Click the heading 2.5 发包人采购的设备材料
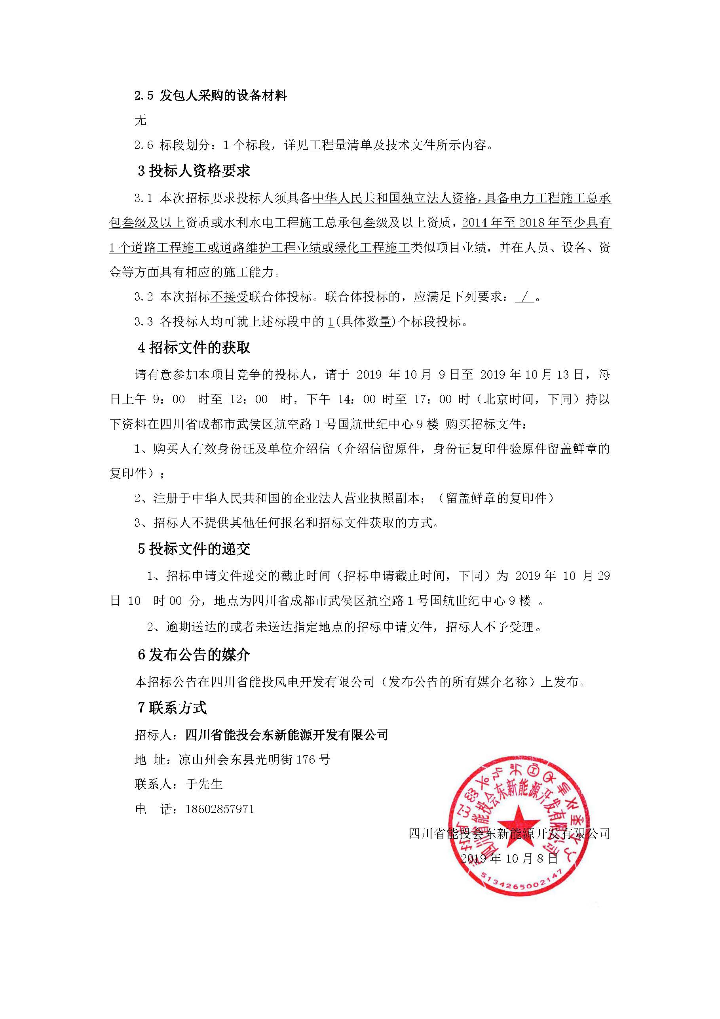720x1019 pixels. tap(211, 96)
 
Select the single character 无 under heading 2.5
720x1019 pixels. tap(140, 120)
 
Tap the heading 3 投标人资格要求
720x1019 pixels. tap(194, 171)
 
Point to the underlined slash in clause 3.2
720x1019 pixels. tap(525, 297)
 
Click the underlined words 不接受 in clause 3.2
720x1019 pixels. tap(229, 297)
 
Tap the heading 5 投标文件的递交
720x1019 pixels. tap(194, 549)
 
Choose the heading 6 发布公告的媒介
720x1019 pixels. tap(194, 655)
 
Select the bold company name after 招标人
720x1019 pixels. tap(287, 735)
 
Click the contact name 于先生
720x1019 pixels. tap(204, 784)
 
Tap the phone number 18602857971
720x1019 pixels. tap(220, 809)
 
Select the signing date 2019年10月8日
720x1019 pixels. tap(509, 858)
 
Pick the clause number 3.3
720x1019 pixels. tap(144, 322)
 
